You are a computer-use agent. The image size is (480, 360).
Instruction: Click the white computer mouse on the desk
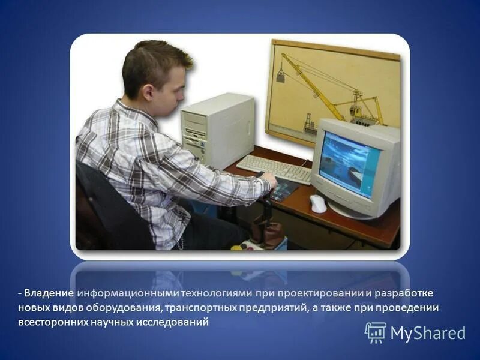(318, 203)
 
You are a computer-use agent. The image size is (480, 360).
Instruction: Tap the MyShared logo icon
(375, 332)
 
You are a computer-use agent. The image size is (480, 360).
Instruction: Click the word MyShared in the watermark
(428, 333)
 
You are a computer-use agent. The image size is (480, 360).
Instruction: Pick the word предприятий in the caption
(278, 307)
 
